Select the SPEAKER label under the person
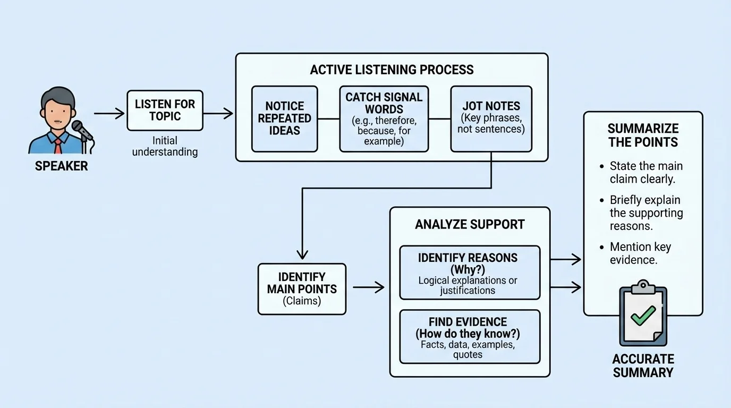click(61, 166)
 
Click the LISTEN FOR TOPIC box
click(165, 110)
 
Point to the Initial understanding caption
click(165, 146)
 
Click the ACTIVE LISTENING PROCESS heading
click(392, 70)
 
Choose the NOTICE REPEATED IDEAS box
click(284, 118)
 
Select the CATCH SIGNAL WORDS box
click(384, 118)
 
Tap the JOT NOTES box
click(491, 118)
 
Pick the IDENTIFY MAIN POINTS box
click(302, 288)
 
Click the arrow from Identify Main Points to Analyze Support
click(368, 287)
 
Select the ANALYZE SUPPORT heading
click(470, 224)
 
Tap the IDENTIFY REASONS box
click(469, 273)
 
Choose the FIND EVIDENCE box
click(469, 336)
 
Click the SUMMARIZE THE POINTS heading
click(643, 135)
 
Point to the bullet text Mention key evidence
click(640, 253)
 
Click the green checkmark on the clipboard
click(643, 315)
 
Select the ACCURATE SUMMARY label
click(643, 365)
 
